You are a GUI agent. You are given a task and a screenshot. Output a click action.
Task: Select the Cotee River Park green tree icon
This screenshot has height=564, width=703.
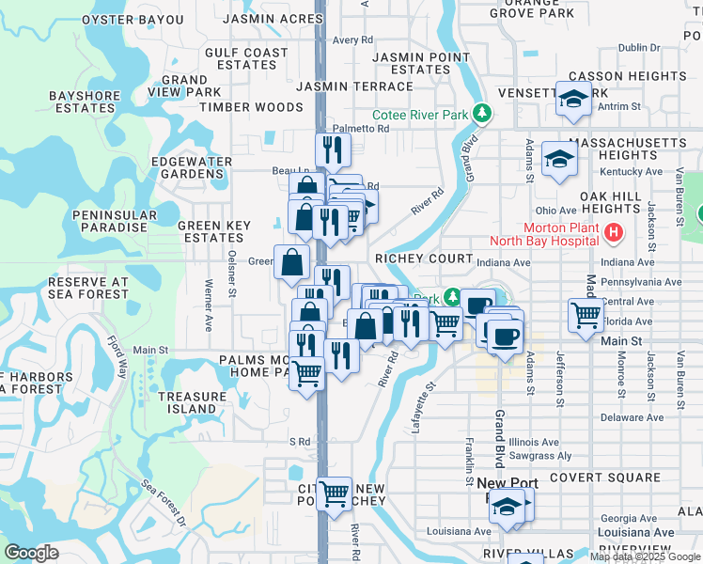pyautogui.click(x=483, y=114)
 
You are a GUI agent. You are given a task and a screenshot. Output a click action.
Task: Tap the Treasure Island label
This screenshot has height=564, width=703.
pyautogui.click(x=192, y=402)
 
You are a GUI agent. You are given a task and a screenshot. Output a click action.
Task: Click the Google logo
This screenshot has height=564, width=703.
pyautogui.click(x=31, y=553)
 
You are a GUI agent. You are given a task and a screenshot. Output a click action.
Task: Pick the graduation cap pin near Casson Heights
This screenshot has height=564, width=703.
pyautogui.click(x=571, y=99)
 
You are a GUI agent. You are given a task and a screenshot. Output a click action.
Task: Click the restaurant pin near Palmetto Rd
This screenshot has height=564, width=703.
pyautogui.click(x=333, y=148)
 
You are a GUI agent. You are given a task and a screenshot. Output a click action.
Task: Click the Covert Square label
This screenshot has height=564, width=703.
pyautogui.click(x=593, y=478)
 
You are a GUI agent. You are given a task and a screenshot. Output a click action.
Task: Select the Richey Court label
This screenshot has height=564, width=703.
pyautogui.click(x=423, y=258)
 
